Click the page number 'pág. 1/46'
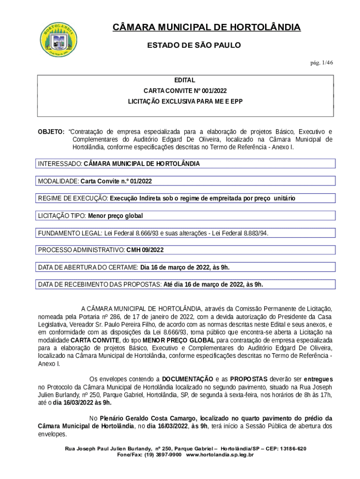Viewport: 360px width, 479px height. tap(320, 62)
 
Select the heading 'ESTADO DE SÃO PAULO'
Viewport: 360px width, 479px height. tap(194, 45)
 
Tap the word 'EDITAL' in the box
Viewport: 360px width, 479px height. tap(185, 80)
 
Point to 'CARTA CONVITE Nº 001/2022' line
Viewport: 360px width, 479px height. tap(185, 91)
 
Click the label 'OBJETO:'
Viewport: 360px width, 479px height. tap(51, 131)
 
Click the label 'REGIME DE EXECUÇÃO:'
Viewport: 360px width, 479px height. tap(73, 198)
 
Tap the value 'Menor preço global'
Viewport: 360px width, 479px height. tap(115, 216)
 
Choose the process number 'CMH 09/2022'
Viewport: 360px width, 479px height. tap(145, 250)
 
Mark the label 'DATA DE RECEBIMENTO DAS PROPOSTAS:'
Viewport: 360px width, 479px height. tap(99, 284)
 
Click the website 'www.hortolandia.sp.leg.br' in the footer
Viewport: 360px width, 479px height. tap(220, 455)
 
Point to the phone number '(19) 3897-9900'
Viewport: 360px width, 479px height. tap(162, 455)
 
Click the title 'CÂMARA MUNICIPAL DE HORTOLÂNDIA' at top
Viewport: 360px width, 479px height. tap(207, 28)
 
